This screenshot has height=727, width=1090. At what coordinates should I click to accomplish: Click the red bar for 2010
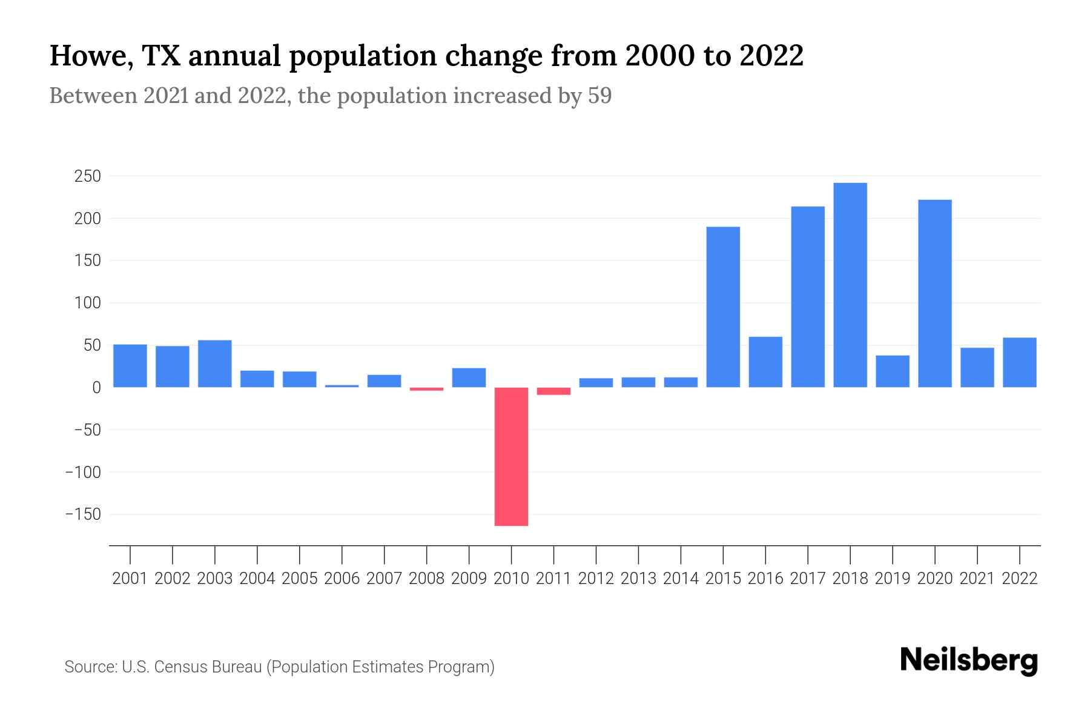pyautogui.click(x=511, y=456)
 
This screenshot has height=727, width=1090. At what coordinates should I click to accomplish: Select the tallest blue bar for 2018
pyautogui.click(x=850, y=285)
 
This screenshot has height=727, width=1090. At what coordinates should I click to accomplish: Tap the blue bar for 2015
pyautogui.click(x=723, y=307)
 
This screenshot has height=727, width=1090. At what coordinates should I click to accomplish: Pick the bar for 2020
pyautogui.click(x=935, y=293)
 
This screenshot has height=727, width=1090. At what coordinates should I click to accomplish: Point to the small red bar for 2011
pyautogui.click(x=553, y=391)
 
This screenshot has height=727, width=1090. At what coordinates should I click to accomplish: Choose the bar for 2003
pyautogui.click(x=215, y=363)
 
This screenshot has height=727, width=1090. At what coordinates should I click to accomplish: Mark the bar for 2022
pyautogui.click(x=1020, y=362)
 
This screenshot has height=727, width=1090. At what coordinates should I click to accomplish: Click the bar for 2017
pyautogui.click(x=808, y=297)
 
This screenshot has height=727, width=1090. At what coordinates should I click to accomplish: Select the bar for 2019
pyautogui.click(x=893, y=371)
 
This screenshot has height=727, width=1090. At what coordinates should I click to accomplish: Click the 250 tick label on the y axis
pyautogui.click(x=87, y=176)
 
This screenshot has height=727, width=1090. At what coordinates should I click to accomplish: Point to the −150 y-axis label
pyautogui.click(x=83, y=514)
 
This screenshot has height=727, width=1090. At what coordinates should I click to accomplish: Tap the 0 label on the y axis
pyautogui.click(x=96, y=388)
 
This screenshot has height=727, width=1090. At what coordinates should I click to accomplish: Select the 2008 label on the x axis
pyautogui.click(x=426, y=579)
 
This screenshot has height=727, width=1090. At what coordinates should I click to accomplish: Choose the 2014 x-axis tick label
pyautogui.click(x=681, y=579)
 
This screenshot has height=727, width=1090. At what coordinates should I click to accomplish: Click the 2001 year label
pyautogui.click(x=130, y=579)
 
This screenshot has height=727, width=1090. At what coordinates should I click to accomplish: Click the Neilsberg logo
pyautogui.click(x=968, y=660)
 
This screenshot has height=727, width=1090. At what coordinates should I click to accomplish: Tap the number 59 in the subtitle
pyautogui.click(x=599, y=96)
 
